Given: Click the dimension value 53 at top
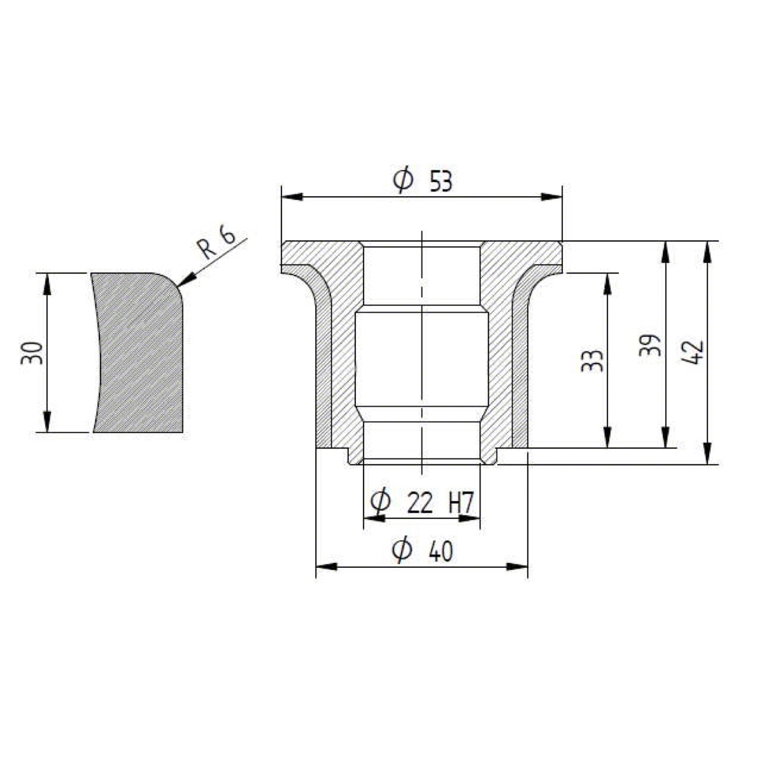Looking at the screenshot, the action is point(441,182).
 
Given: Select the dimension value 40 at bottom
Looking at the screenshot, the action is point(441,551).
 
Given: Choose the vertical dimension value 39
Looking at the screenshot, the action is point(650,345).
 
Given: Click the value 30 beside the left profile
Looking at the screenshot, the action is point(32,353).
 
